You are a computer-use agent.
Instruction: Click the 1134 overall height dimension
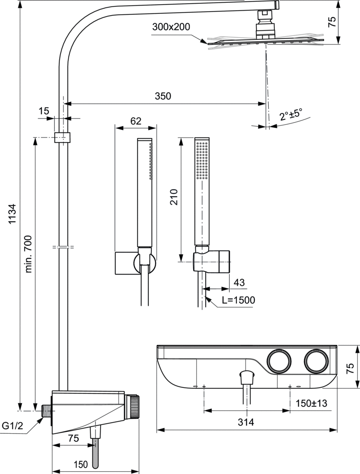click(12, 214)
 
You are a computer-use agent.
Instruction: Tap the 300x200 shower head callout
click(171, 27)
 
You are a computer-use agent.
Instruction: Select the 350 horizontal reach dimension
click(163, 96)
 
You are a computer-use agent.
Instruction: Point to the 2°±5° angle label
click(291, 115)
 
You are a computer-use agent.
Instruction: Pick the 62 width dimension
click(136, 121)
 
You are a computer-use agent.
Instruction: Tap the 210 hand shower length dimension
click(174, 197)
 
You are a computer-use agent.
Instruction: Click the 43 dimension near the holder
click(239, 282)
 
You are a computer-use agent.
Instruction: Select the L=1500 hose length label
click(239, 300)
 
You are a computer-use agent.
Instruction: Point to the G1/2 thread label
click(13, 426)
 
